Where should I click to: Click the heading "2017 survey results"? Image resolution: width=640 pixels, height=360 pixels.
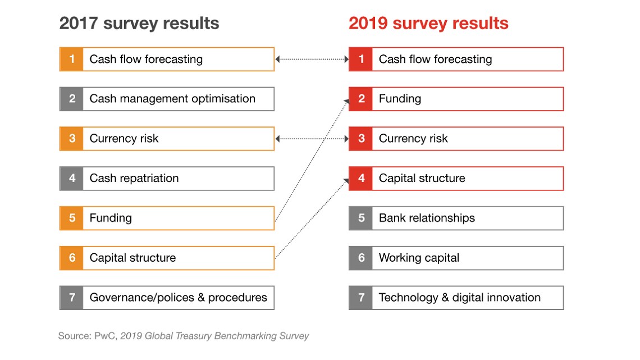pos(139,24)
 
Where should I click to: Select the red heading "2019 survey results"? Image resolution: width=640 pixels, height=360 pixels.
pos(428,24)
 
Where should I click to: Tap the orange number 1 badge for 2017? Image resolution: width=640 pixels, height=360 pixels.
pos(72,59)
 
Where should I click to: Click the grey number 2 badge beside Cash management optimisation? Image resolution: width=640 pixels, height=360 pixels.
pos(72,99)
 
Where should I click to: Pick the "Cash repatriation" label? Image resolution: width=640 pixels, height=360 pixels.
pos(134,178)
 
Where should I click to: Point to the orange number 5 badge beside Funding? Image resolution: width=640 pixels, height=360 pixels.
pos(72,218)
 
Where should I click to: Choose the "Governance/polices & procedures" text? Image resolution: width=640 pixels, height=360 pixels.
pos(179,298)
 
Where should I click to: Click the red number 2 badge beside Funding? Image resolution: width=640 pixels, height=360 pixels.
pos(361,99)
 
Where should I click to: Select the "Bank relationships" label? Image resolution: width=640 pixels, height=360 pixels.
pos(427,218)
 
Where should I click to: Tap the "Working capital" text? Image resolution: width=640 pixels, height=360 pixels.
pos(419,258)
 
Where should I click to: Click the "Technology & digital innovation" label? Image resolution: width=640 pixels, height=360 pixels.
pos(460,298)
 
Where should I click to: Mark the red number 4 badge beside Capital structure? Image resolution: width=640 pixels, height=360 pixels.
pos(361,178)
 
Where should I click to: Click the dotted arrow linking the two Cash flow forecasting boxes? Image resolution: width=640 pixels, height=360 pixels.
pos(312,59)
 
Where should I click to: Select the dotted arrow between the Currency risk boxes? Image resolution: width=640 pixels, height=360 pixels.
pos(312,139)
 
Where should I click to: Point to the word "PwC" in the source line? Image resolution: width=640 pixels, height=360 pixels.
pos(101,336)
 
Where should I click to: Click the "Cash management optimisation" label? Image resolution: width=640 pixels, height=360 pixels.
pos(172,99)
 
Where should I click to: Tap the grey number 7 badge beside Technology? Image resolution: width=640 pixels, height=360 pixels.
pos(361,298)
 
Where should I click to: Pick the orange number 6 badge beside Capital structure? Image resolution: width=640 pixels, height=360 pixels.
pos(72,258)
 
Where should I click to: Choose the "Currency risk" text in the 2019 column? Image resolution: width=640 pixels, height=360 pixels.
pos(413,139)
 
